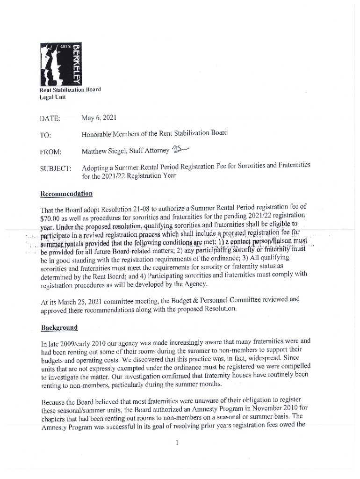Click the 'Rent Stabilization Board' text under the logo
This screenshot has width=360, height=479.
70,89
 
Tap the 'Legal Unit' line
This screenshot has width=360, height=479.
53,97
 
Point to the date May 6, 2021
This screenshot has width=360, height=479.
99,118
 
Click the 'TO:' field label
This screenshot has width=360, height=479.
46,135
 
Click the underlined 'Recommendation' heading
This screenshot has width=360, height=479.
66,194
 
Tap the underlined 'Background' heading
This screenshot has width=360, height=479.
59,327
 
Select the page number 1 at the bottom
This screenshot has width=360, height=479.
178,442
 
